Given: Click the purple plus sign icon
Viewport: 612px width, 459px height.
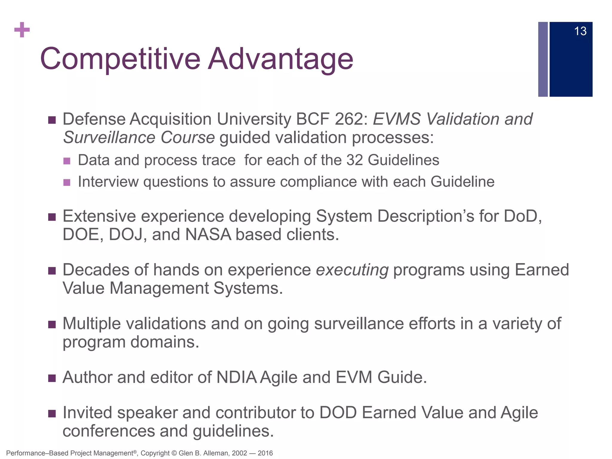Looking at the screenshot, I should (x=22, y=30).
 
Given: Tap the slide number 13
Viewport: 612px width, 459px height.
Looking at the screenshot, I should (x=580, y=31).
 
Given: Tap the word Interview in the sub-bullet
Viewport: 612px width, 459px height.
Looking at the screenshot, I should (x=108, y=182).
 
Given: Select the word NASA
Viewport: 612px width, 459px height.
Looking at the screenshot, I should (x=208, y=235).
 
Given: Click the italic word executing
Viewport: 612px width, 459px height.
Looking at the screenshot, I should (x=352, y=270).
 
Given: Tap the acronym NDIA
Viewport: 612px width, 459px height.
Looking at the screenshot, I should (x=236, y=377).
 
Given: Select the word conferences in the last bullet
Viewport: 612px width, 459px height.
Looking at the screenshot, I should (x=109, y=431).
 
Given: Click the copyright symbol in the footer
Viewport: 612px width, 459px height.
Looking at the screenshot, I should (x=175, y=453).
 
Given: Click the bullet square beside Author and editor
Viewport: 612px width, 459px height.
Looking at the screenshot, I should (x=52, y=378).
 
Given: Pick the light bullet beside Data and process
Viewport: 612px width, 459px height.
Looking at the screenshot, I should (x=67, y=161).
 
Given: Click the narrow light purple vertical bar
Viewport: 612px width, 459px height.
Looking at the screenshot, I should (x=543, y=59).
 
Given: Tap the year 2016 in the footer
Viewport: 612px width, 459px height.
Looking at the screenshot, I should (x=265, y=453).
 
